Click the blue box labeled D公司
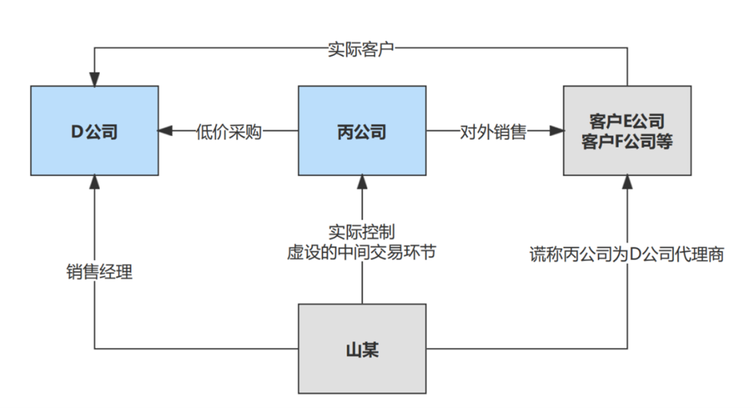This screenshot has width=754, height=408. click(x=94, y=131)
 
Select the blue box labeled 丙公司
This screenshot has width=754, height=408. click(x=362, y=131)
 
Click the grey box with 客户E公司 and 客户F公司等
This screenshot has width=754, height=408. click(x=627, y=131)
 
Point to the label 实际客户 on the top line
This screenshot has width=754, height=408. click(x=362, y=49)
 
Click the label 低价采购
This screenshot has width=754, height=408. click(x=228, y=131)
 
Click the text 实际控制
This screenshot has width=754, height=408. click(x=362, y=232)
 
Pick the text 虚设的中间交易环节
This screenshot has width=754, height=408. click(x=362, y=252)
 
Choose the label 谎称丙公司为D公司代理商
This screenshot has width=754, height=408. click(x=627, y=254)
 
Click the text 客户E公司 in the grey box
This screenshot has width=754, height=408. click(x=627, y=122)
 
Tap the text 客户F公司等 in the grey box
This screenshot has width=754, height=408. click(x=627, y=140)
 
